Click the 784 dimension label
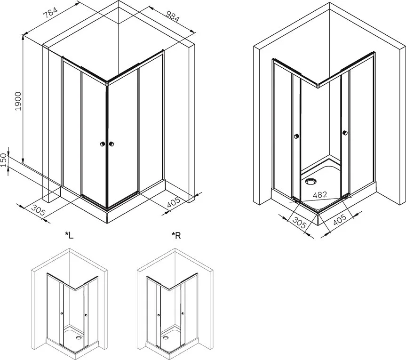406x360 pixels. (x=50, y=13)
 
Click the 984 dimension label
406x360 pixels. (x=172, y=16)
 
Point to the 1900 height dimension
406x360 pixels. (x=18, y=101)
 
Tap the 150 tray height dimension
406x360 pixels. (x=3, y=160)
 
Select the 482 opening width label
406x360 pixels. (x=320, y=195)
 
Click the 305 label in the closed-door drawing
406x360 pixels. (x=38, y=210)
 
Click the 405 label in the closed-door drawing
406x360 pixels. (x=173, y=202)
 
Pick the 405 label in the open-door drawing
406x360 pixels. (x=339, y=219)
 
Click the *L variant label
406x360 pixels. (x=69, y=235)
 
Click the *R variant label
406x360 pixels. (x=176, y=235)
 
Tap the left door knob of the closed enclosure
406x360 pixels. (x=103, y=144)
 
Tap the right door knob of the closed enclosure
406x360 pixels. (x=111, y=144)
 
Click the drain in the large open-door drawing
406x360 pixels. (x=310, y=181)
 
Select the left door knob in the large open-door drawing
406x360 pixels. (x=296, y=136)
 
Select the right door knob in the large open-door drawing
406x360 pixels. (x=345, y=133)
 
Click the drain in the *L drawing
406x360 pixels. (x=78, y=337)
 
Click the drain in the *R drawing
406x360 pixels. (x=165, y=337)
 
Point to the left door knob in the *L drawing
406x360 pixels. (x=61, y=313)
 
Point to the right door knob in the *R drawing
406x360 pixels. (x=183, y=313)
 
